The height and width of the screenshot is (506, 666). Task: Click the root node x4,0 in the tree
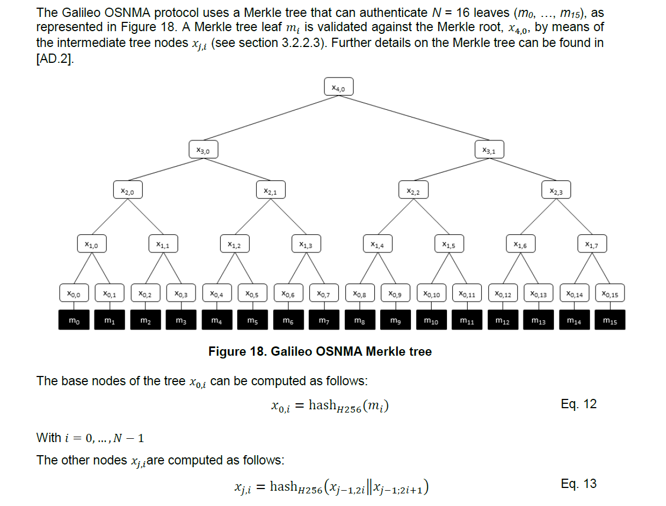339,87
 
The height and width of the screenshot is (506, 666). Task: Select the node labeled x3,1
489,149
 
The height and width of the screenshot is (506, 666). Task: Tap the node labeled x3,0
203,149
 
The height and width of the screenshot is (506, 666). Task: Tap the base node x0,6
288,293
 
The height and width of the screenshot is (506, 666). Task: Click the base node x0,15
610,293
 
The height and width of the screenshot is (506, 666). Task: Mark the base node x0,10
432,293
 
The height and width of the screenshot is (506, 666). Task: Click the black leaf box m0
74,320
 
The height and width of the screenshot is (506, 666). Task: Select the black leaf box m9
396,320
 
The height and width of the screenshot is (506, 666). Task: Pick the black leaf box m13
538,320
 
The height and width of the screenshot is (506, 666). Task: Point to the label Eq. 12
579,404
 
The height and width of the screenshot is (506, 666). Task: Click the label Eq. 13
579,484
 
